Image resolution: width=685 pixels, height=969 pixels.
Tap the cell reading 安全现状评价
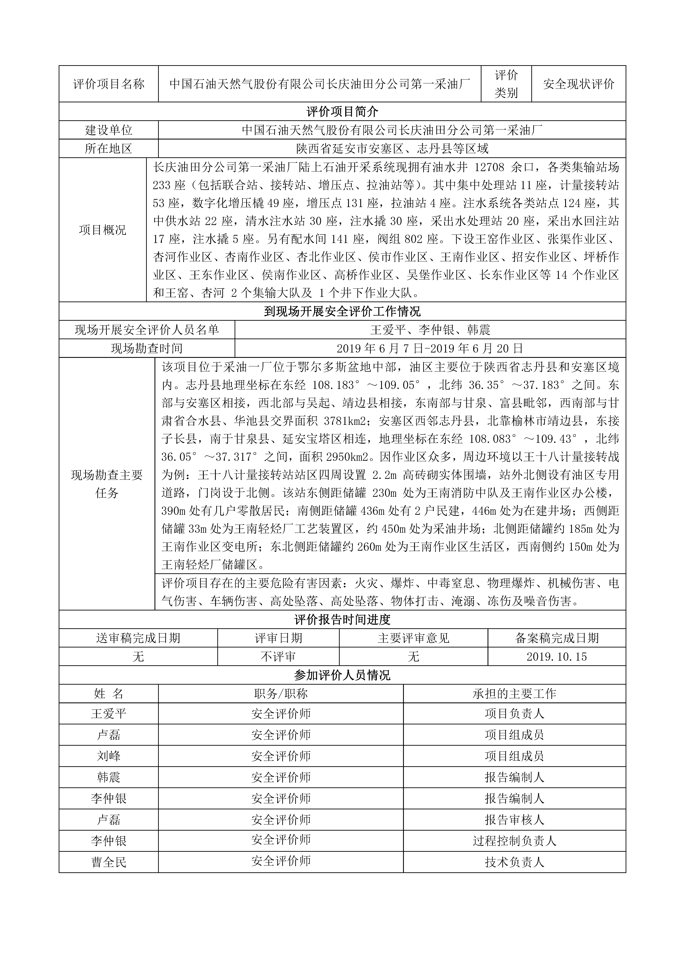(x=578, y=84)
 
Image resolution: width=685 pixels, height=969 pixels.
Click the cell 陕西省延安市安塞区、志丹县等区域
(x=392, y=149)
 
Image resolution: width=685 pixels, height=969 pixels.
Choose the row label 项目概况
(x=103, y=230)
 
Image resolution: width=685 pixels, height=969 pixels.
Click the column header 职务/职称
(x=281, y=694)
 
